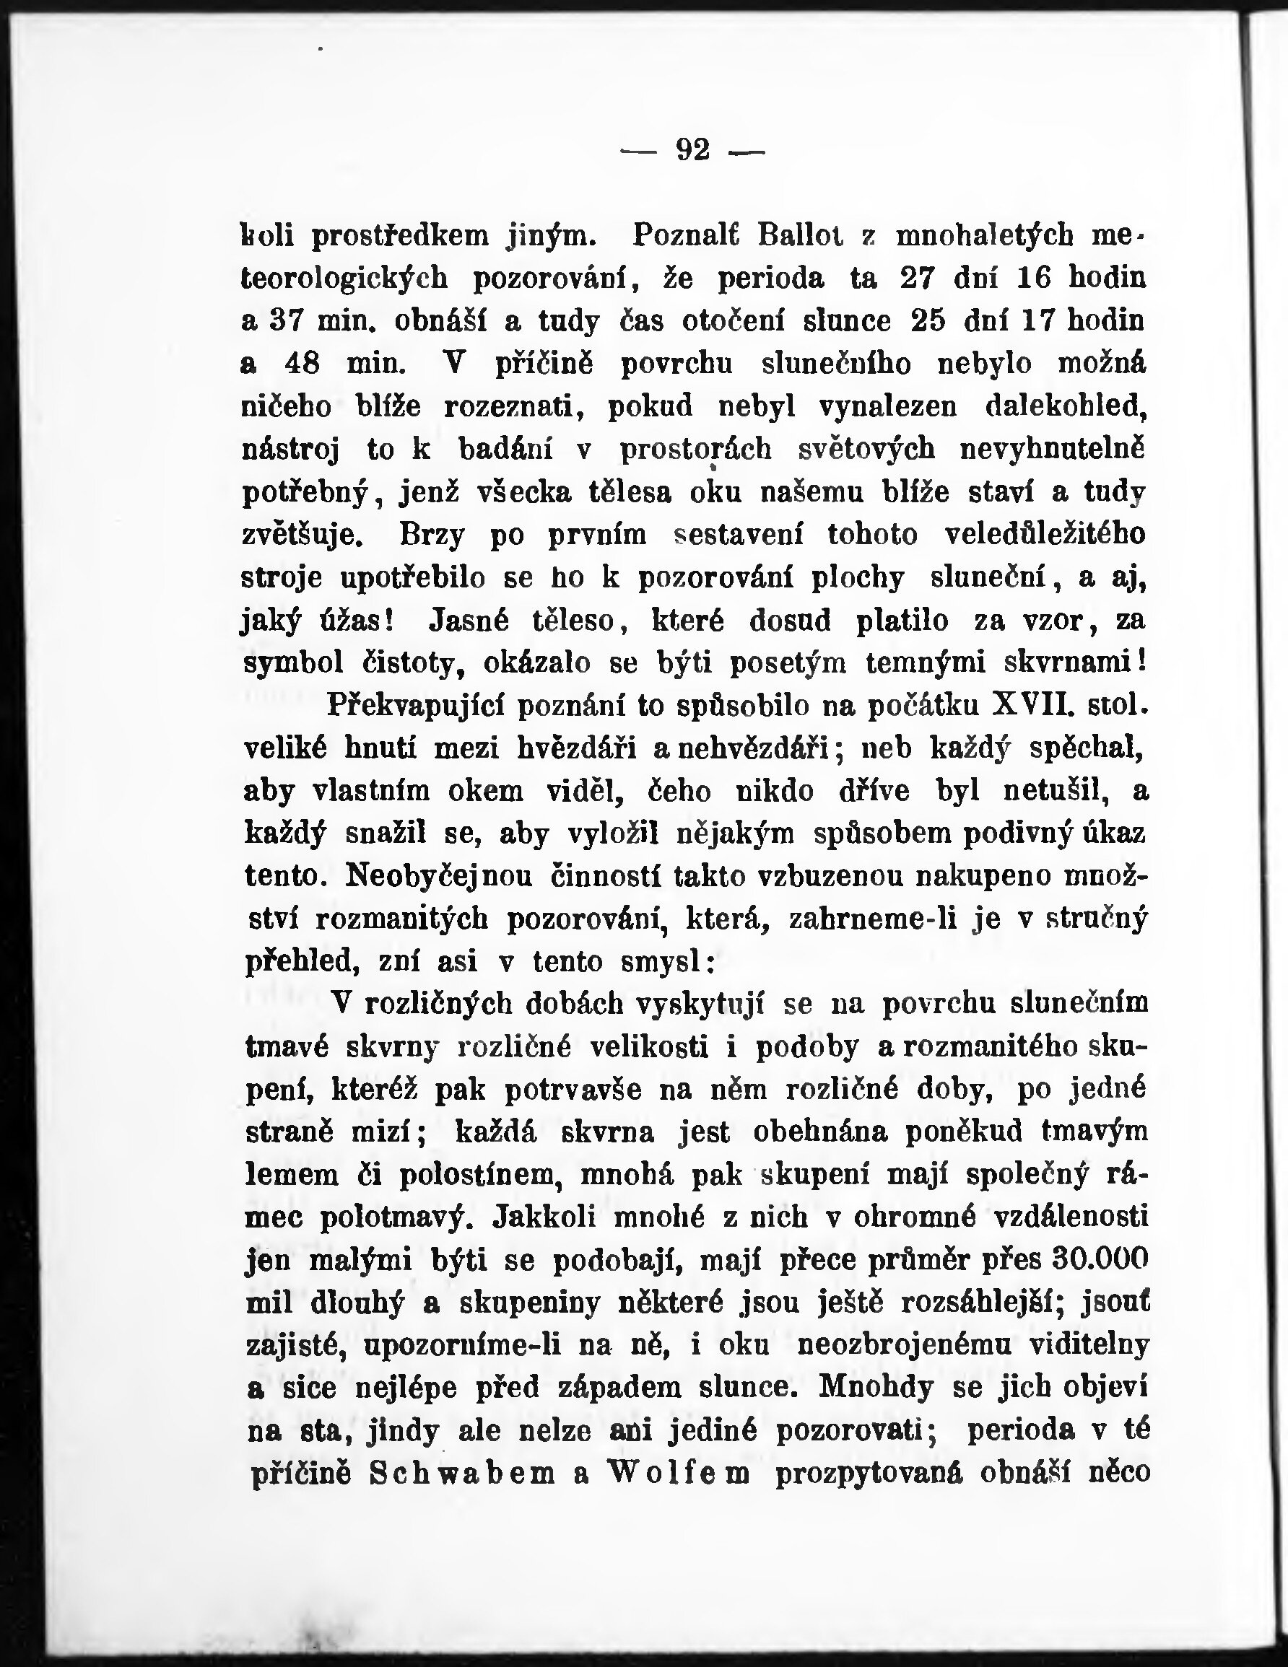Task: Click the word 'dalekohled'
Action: tap(1066, 407)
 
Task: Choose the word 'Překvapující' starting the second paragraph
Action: tap(411, 706)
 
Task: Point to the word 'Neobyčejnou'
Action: tap(439, 876)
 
